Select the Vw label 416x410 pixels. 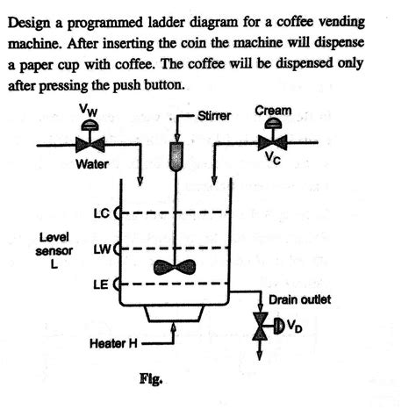coord(88,111)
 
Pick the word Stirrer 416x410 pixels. coord(214,115)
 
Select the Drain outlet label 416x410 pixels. coord(298,301)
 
